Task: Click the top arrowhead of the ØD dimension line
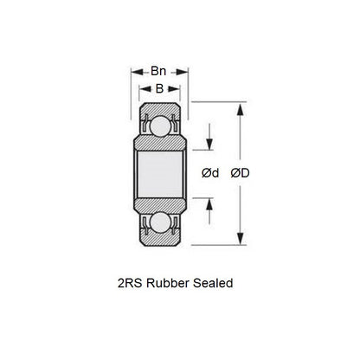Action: (x=239, y=108)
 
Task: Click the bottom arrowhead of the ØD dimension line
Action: (x=239, y=241)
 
